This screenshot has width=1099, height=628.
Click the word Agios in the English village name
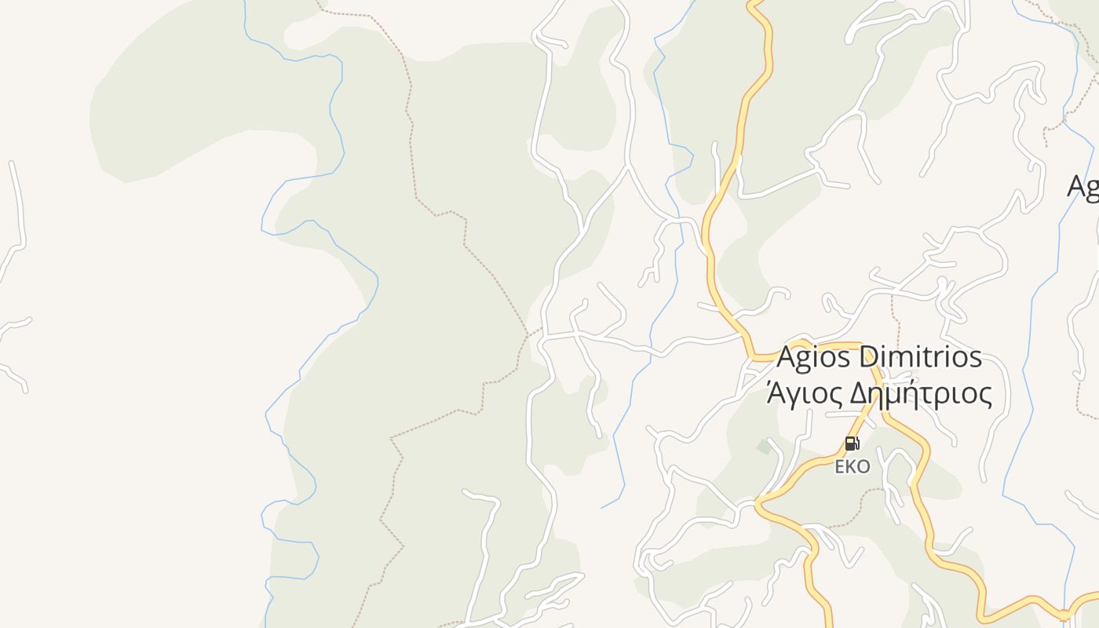pos(813,358)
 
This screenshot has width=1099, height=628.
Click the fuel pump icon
pos(852,444)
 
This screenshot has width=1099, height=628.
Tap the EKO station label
pos(852,467)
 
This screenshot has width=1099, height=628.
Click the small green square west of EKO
pos(764,447)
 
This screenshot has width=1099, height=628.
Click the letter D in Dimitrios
pos(870,357)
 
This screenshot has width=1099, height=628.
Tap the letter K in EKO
pos(852,467)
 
